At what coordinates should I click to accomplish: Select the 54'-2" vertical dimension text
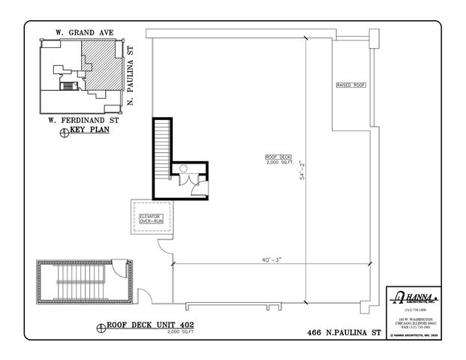coord(302,173)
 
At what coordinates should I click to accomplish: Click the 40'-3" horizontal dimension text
coord(271,259)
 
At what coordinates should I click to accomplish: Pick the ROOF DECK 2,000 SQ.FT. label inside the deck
coord(277,159)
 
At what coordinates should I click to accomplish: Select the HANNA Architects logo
coord(412,297)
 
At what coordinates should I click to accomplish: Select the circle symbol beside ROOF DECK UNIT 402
coord(100,328)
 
